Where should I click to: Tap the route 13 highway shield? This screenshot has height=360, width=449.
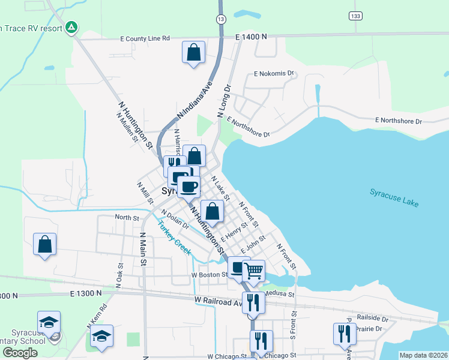221,19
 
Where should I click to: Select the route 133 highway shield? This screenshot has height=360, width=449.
356,15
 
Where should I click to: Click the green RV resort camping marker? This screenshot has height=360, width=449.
71,26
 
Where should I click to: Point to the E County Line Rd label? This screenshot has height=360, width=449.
145,38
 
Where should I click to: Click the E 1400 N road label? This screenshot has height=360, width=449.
251,37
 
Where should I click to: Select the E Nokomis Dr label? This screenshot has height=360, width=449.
275,74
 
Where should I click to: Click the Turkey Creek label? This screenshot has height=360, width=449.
175,238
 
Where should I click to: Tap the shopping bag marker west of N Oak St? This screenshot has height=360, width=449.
44,245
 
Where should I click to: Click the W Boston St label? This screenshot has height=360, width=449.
209,275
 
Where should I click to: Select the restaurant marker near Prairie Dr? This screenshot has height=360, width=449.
345,334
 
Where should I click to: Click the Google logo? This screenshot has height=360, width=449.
20,353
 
